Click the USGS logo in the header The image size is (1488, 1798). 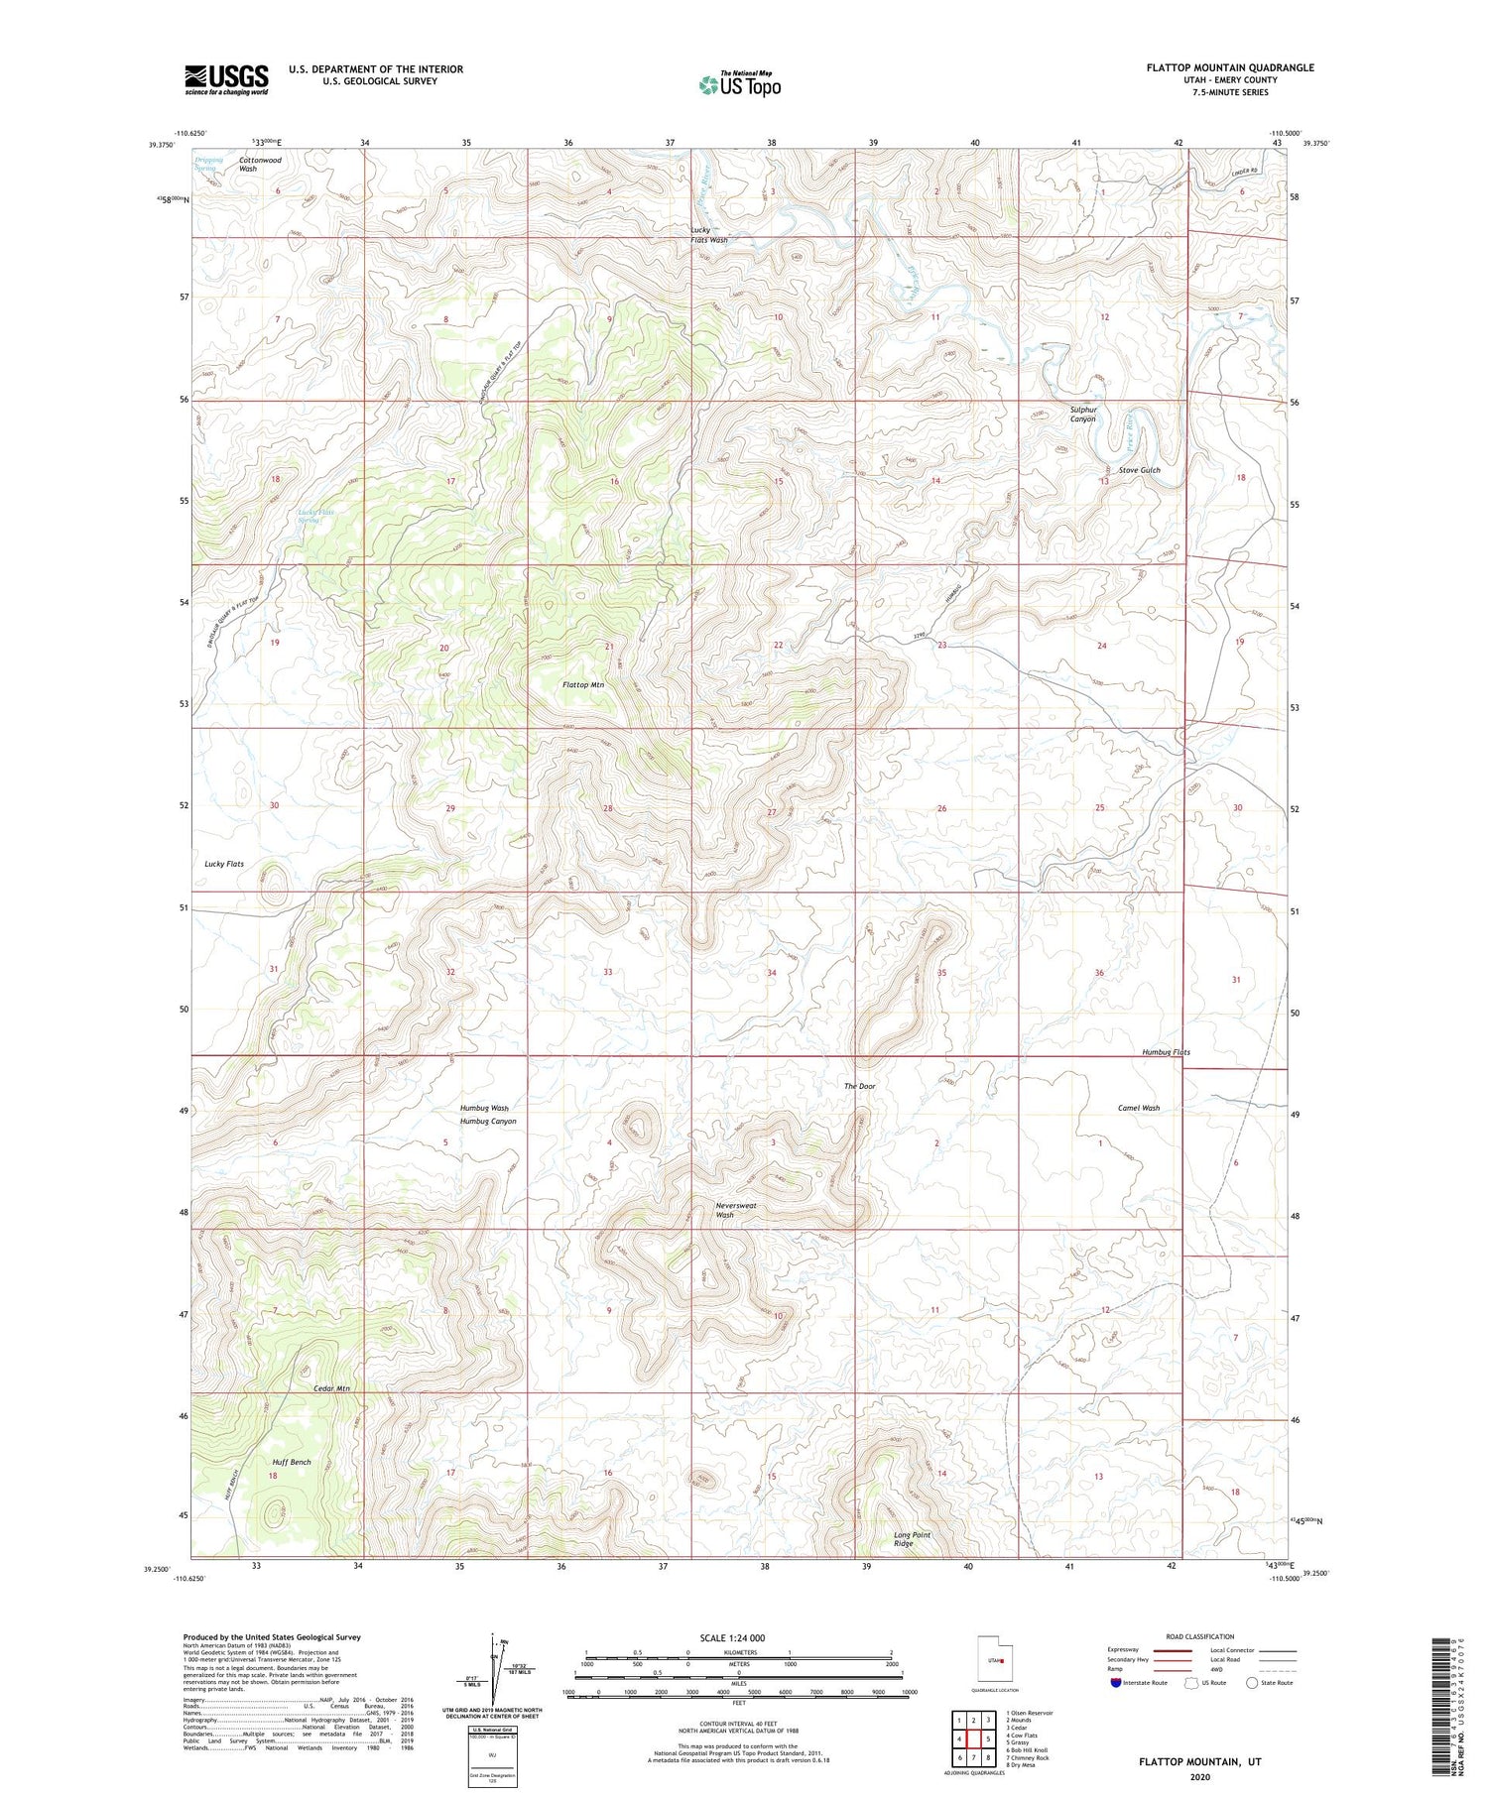coord(226,79)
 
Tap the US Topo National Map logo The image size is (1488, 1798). coord(739,84)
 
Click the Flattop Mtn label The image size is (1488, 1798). coord(583,684)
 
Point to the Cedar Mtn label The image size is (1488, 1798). coord(331,1388)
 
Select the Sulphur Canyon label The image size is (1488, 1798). coord(1082,414)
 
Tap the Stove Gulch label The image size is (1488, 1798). coord(1139,470)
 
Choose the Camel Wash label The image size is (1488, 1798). coord(1138,1108)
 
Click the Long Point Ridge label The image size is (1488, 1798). coord(912,1539)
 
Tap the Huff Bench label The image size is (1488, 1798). coord(292,1462)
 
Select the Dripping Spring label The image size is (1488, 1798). coord(208,164)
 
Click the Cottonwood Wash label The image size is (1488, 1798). coord(260,164)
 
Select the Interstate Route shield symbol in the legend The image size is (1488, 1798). coord(1115,1683)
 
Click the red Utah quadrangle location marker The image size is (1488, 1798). coord(1002,1661)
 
